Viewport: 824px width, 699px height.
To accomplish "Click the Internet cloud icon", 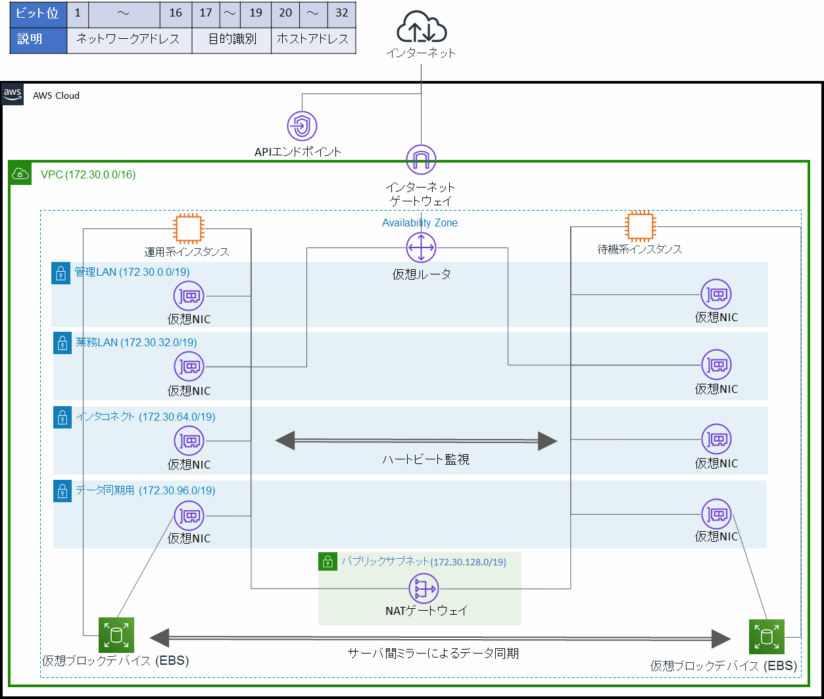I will click(421, 30).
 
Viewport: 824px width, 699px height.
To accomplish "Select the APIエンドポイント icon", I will click(303, 126).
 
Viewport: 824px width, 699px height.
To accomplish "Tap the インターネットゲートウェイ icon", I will click(421, 160).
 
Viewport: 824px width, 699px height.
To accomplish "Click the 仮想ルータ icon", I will click(421, 248).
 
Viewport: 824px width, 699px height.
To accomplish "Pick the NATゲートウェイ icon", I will click(424, 588).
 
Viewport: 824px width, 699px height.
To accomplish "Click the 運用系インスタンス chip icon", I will click(186, 228).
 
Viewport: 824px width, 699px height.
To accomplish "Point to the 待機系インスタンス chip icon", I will click(639, 226).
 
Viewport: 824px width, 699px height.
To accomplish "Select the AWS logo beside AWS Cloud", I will click(12, 94).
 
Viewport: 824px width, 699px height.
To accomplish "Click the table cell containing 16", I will click(176, 13).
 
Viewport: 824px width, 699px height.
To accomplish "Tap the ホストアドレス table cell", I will click(313, 39).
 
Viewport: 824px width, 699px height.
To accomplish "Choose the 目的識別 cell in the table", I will click(231, 39).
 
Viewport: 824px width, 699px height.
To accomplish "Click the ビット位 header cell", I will click(38, 13).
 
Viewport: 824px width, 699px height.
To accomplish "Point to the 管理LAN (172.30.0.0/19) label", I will click(132, 272).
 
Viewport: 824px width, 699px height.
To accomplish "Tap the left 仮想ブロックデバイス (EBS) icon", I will click(116, 635).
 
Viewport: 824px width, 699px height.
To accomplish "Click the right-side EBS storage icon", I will click(766, 636).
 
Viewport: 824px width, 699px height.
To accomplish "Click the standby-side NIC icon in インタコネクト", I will click(716, 439).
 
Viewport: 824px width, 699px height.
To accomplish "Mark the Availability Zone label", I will click(420, 222).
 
